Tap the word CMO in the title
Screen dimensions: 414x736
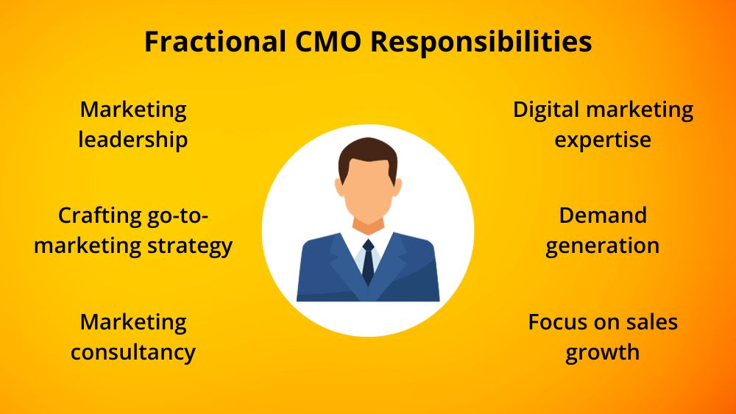click(x=321, y=41)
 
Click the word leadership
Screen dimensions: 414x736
click(x=133, y=139)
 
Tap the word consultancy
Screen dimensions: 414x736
click(x=133, y=351)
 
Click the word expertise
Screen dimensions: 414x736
click(x=603, y=139)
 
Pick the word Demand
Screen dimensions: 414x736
click(x=603, y=215)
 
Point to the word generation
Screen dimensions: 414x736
click(x=603, y=246)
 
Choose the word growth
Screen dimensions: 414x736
click(x=603, y=351)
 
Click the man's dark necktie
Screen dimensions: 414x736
click(x=368, y=261)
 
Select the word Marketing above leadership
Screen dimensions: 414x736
click(x=133, y=110)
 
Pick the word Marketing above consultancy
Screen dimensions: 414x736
click(x=133, y=321)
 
